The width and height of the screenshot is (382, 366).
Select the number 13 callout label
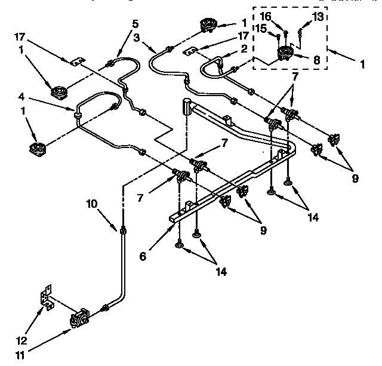pyautogui.click(x=319, y=17)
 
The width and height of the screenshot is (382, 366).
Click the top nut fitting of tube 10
pyautogui.click(x=122, y=230)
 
